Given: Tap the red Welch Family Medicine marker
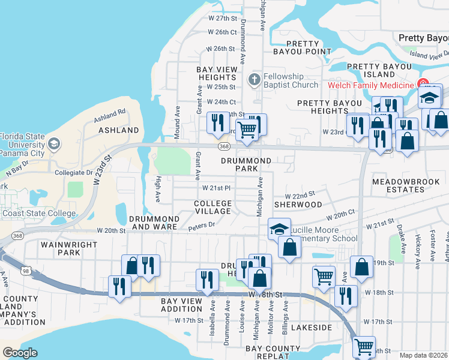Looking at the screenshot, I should pyautogui.click(x=423, y=84).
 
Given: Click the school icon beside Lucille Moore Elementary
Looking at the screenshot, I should pyautogui.click(x=279, y=229).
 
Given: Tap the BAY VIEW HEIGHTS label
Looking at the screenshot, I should pyautogui.click(x=217, y=74).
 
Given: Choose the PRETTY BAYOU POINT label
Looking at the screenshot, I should pyautogui.click(x=309, y=48).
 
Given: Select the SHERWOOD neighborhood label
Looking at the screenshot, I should pyautogui.click(x=298, y=205).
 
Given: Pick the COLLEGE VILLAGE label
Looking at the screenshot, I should pyautogui.click(x=212, y=208).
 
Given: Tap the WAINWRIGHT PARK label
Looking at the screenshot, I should pyautogui.click(x=61, y=248).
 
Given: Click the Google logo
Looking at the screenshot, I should pyautogui.click(x=20, y=352).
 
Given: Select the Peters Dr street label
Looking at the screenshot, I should pyautogui.click(x=201, y=227).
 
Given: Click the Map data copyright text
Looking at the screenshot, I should pyautogui.click(x=424, y=355).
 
